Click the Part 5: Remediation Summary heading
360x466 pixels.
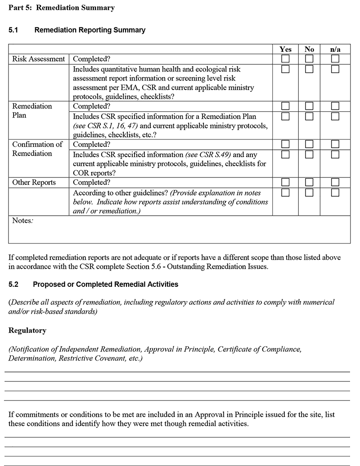click(62, 8)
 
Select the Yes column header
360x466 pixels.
click(285, 49)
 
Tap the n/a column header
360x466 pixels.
click(335, 49)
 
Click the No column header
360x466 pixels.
click(309, 49)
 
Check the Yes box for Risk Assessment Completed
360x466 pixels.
click(285, 59)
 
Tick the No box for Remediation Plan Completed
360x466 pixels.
click(309, 106)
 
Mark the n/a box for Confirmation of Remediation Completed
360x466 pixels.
click(335, 145)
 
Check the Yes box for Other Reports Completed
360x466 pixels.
click(285, 183)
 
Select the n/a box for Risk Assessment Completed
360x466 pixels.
click(335, 59)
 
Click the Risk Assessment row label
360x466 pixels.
click(38, 59)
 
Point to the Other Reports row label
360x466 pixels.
click(34, 183)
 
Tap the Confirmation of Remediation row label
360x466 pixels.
click(37, 149)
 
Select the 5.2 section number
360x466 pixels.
click(14, 285)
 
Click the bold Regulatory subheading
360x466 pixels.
click(27, 330)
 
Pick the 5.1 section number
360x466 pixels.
click(14, 30)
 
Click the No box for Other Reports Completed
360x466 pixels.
click(309, 183)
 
